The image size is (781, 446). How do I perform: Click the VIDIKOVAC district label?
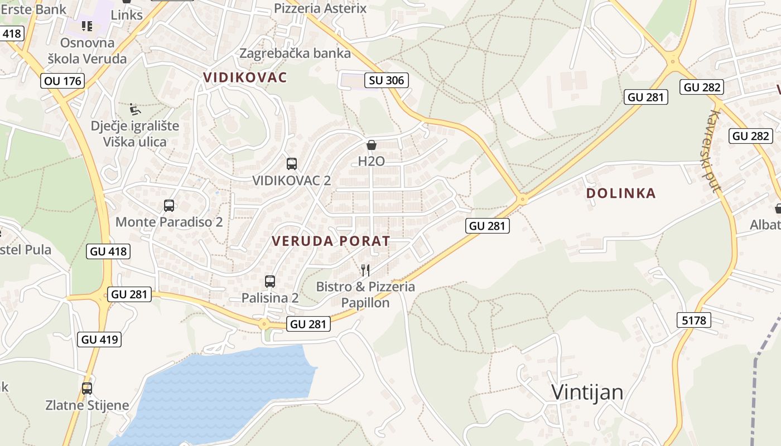point(245,77)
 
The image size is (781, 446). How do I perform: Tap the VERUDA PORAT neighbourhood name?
point(331,241)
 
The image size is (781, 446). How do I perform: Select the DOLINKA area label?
point(621,193)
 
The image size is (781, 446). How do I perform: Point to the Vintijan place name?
point(587,392)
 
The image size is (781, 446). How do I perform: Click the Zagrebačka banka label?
point(295,54)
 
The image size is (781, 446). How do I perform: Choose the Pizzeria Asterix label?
point(320,8)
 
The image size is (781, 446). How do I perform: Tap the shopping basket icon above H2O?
point(372,146)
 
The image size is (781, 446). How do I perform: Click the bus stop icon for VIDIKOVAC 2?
point(292,164)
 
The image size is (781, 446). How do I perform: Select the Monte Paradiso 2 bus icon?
point(169,206)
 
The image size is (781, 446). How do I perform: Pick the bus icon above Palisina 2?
point(270,282)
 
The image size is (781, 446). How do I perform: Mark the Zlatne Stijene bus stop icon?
point(87,389)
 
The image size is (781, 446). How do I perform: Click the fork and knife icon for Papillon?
point(365,270)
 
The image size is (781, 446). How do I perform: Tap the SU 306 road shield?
point(386,80)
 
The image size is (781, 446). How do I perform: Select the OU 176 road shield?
point(63,81)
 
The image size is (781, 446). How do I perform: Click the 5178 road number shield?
point(694,320)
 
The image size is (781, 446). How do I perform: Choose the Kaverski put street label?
point(714,151)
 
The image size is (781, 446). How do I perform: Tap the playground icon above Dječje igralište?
point(135,109)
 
